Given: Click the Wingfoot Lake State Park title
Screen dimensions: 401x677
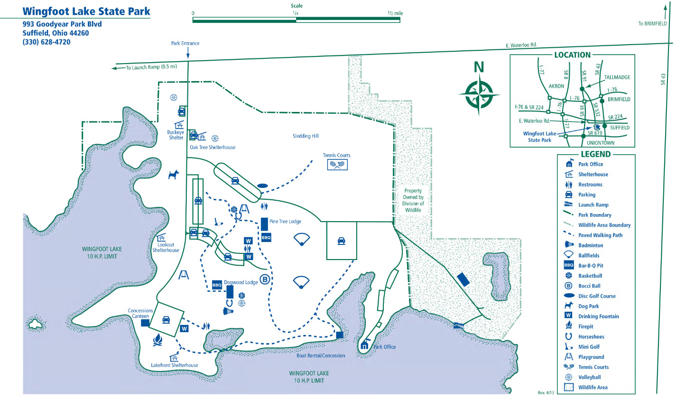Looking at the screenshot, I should (x=86, y=11).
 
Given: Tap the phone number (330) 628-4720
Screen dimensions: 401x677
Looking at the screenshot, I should (x=46, y=42).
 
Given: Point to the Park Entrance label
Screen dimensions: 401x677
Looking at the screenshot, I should (x=185, y=43).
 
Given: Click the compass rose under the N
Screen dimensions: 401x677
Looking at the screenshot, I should (x=479, y=94).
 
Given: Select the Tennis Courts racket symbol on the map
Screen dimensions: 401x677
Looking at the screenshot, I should (x=337, y=165).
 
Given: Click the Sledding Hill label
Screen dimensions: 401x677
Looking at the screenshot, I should (x=306, y=136).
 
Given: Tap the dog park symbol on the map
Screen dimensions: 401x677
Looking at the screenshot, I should (x=174, y=175).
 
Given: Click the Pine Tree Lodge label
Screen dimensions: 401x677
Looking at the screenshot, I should (x=285, y=222).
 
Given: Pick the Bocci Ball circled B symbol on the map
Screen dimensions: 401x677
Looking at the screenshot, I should (x=265, y=280).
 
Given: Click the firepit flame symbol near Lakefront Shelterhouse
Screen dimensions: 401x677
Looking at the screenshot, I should (x=158, y=339).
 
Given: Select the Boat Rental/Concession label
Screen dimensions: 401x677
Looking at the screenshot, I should (x=321, y=355).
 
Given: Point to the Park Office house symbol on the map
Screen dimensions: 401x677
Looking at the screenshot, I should (x=364, y=345).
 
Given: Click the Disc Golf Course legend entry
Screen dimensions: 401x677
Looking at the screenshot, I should (x=597, y=296).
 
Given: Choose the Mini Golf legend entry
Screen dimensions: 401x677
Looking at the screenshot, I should (x=589, y=347).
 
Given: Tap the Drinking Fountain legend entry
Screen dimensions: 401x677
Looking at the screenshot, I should (x=598, y=317).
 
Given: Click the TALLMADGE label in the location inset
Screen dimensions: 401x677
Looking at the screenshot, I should (x=617, y=77).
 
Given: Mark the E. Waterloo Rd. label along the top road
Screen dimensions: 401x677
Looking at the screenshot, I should (x=521, y=45).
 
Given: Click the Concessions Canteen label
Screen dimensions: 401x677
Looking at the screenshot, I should (x=140, y=313).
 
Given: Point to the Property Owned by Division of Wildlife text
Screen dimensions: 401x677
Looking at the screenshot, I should (x=413, y=200).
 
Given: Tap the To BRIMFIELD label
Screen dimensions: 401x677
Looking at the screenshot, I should (x=652, y=24).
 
